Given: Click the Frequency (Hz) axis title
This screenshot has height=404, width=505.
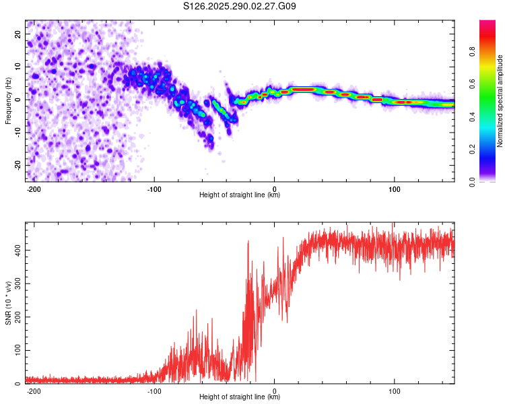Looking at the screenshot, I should pyautogui.click(x=8, y=101).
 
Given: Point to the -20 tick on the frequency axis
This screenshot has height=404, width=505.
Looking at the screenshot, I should pyautogui.click(x=18, y=165).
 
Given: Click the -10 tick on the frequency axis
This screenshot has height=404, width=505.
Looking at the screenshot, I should pyautogui.click(x=18, y=132).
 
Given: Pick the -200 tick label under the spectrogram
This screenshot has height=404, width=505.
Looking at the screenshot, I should pyautogui.click(x=34, y=187).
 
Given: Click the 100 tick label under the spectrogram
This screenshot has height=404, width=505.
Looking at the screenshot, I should pyautogui.click(x=394, y=187).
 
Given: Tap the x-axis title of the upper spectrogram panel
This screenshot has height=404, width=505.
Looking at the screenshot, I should pyautogui.click(x=240, y=195).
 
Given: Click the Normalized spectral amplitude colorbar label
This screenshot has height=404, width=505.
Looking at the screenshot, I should pyautogui.click(x=500, y=101).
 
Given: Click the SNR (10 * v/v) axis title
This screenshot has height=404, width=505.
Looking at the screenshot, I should pyautogui.click(x=8, y=302).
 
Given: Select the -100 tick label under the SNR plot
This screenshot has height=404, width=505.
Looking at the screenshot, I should pyautogui.click(x=154, y=390).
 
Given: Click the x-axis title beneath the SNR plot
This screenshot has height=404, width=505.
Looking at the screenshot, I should pyautogui.click(x=240, y=397).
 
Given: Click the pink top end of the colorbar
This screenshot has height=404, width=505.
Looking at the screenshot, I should pyautogui.click(x=487, y=24).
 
